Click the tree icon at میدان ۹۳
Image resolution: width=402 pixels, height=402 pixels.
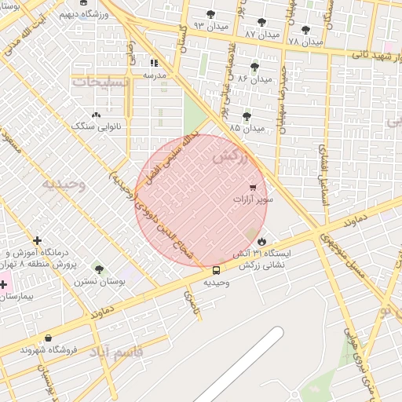click(x=210, y=14)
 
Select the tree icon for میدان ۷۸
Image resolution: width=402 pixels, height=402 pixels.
click(x=305, y=30)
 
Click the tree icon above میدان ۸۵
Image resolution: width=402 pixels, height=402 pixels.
click(x=247, y=116)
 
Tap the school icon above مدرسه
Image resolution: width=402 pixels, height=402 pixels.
click(x=154, y=63)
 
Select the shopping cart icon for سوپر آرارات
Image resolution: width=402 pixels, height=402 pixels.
click(x=252, y=188)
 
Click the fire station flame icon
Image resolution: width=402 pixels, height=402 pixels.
click(x=261, y=242)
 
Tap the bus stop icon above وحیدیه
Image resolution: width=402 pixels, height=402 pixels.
click(x=217, y=271)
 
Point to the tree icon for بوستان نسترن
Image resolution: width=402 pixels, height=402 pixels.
click(x=98, y=269)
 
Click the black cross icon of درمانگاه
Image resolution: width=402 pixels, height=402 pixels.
click(x=37, y=239)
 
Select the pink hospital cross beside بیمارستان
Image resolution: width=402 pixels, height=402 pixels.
click(x=4, y=283)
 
